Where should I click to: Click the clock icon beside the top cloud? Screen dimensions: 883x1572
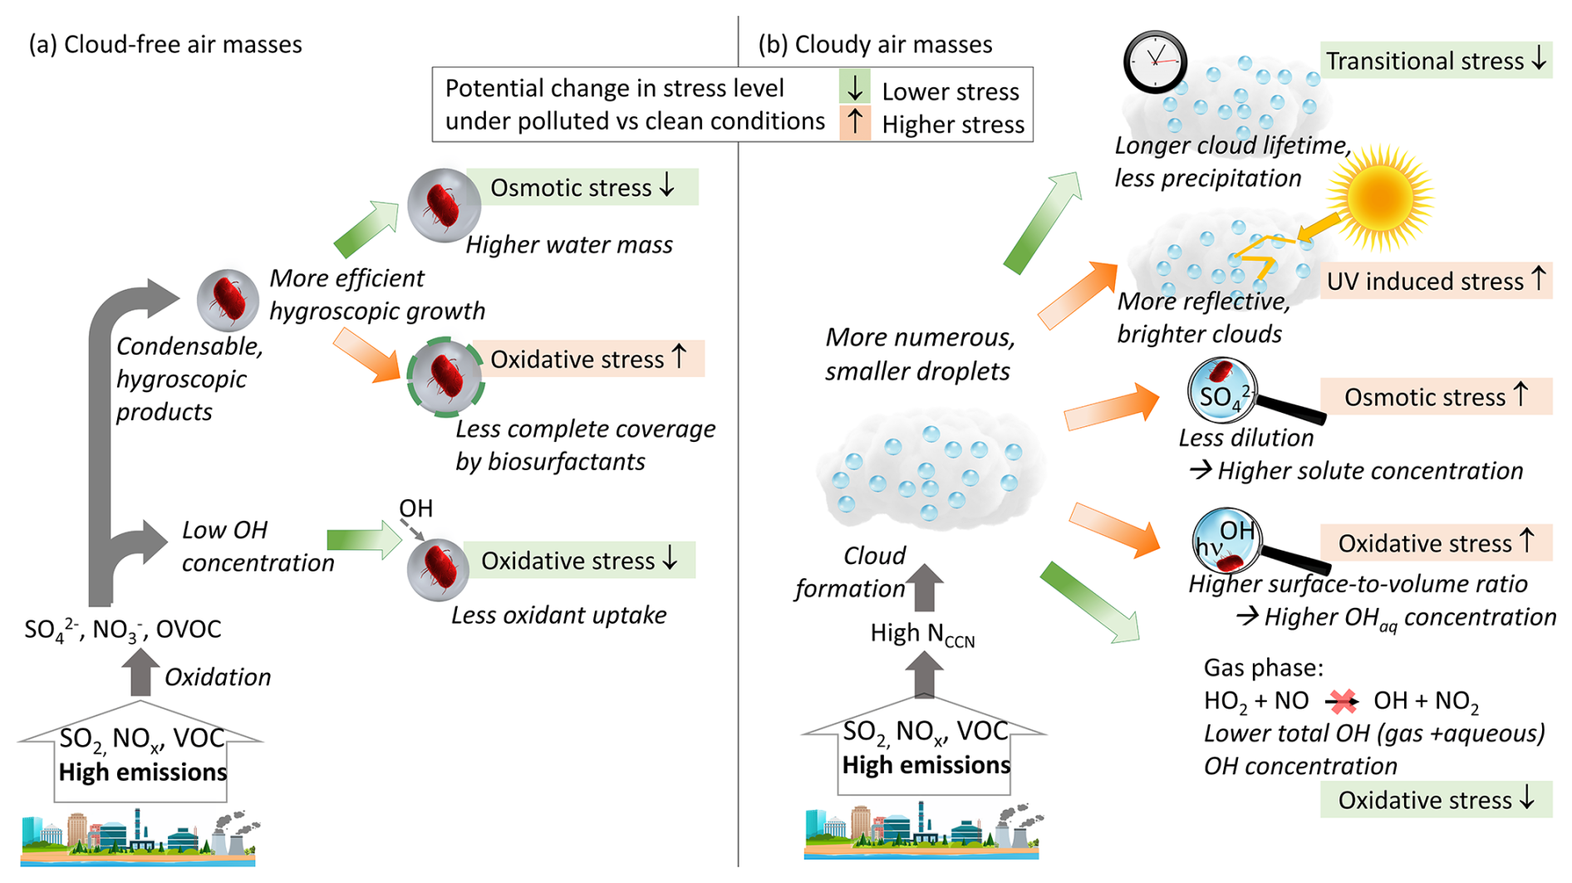point(1154,61)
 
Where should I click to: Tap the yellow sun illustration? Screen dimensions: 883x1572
point(1381,198)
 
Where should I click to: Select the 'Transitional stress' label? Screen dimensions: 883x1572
point(1436,61)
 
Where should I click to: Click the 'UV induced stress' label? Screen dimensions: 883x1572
point(1436,281)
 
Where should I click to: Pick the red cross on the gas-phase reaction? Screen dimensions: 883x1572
point(1341,701)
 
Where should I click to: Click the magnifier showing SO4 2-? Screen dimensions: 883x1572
point(1222,392)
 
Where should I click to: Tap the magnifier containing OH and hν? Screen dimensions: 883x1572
point(1226,540)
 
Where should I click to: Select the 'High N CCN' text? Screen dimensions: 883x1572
point(922,635)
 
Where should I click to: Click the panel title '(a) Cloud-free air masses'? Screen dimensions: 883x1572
point(165,44)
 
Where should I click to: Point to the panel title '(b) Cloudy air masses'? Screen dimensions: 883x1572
point(875,44)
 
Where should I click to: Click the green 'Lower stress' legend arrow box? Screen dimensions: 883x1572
point(854,87)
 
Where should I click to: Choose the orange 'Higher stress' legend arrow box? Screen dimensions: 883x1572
point(854,123)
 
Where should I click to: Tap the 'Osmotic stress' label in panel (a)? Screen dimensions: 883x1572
point(582,187)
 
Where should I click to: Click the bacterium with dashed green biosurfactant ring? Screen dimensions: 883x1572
point(445,375)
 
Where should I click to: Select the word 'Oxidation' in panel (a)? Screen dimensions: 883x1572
point(218,677)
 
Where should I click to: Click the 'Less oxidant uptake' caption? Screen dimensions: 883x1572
point(558,615)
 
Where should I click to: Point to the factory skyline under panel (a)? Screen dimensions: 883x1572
point(139,836)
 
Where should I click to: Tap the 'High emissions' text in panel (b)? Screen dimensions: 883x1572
point(926,765)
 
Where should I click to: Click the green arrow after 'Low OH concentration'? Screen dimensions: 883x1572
point(364,541)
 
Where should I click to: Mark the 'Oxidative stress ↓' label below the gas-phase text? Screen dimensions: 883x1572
point(1436,800)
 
